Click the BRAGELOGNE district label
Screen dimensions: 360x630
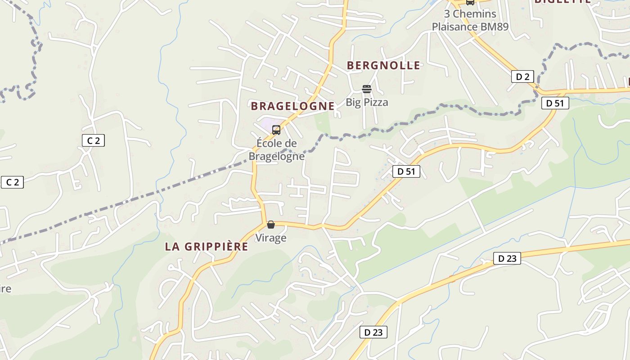pos(292,106)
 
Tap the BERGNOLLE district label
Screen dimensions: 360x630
pos(383,66)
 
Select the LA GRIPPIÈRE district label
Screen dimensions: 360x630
pos(207,247)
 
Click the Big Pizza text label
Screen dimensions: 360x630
pos(367,103)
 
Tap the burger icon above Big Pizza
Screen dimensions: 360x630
pos(367,89)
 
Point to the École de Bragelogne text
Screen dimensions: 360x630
pos(277,150)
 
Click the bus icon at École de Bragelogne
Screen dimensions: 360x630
pos(276,130)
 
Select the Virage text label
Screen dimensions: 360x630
pos(271,238)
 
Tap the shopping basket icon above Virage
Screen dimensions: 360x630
pos(271,224)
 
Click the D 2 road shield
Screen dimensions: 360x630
pos(522,77)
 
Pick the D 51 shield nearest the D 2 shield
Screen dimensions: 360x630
pos(555,103)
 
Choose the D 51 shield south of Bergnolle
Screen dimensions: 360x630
pos(406,171)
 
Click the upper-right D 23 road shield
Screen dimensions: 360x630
pos(507,258)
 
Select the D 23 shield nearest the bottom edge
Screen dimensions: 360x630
pos(373,333)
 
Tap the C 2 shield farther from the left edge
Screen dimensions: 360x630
pos(93,140)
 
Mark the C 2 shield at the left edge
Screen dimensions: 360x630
pos(12,182)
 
